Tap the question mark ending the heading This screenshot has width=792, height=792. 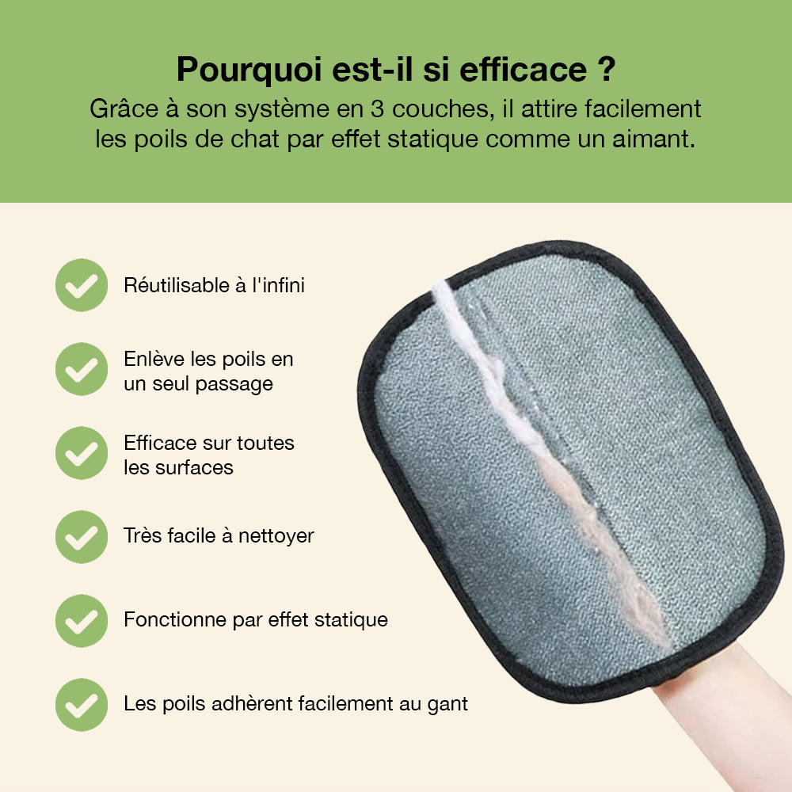605,69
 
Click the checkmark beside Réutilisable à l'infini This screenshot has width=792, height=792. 82,285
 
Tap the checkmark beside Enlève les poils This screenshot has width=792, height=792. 82,369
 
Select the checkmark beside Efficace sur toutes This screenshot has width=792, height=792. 82,453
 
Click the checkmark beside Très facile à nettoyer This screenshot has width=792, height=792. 82,537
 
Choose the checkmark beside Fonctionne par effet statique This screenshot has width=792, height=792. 82,621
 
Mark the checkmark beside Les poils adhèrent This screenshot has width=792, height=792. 82,705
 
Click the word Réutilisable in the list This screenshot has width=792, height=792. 176,285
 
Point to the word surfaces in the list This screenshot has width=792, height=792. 198,467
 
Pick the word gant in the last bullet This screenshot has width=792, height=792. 447,703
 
